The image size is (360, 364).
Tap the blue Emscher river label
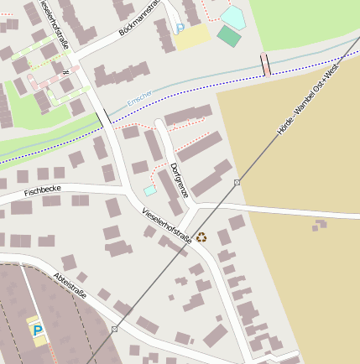point(139,99)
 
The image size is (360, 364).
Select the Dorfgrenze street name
point(177,179)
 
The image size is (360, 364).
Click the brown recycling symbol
point(201,237)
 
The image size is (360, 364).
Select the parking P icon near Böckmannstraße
point(180,27)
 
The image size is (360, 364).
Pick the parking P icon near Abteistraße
point(38,330)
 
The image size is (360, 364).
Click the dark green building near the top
point(228,35)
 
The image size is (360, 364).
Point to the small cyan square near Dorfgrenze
point(149,190)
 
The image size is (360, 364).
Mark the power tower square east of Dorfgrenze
point(237,182)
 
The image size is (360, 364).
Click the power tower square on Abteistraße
point(114,329)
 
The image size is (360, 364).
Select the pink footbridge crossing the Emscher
point(266,65)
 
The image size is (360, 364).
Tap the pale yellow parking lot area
point(192,36)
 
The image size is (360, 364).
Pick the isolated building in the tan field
point(320,225)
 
